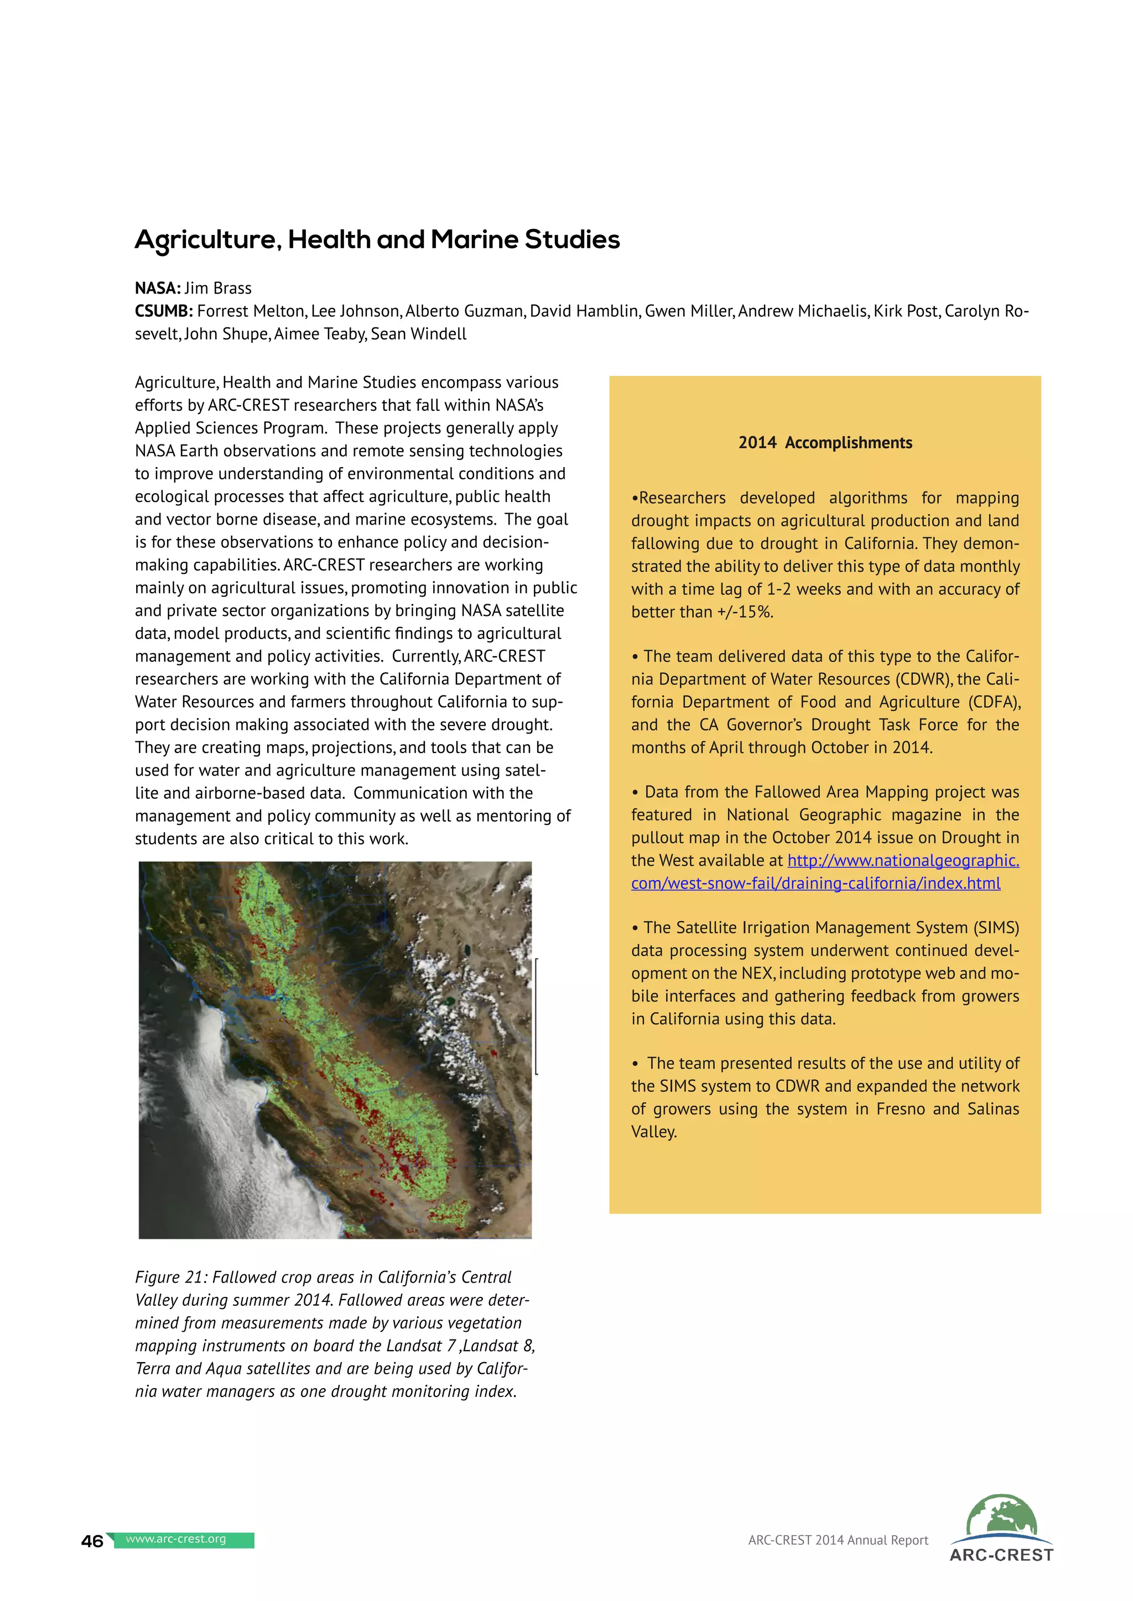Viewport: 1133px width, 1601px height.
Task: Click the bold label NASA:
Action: click(x=158, y=289)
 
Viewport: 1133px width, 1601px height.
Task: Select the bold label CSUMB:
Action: click(x=164, y=312)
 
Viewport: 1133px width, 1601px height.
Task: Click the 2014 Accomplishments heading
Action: click(x=825, y=443)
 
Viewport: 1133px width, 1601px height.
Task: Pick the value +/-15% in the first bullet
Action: click(x=745, y=612)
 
